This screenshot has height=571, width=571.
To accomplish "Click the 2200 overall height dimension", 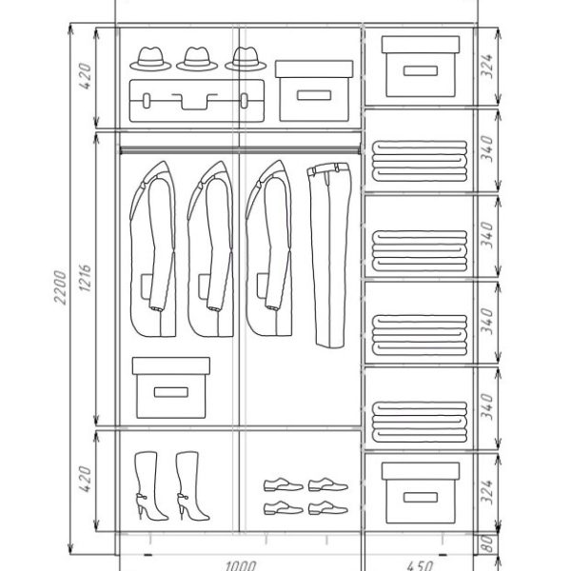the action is point(61,287).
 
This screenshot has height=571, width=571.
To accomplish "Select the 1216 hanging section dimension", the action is point(85,278).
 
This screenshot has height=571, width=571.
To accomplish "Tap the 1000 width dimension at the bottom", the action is point(241,565).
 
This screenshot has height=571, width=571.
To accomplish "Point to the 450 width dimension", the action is point(420,565).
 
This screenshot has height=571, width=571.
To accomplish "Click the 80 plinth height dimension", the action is point(487,543).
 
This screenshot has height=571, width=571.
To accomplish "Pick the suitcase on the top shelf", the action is point(197,101).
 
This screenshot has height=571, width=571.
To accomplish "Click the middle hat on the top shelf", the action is point(197,59).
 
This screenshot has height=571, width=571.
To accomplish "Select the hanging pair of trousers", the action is point(330,255).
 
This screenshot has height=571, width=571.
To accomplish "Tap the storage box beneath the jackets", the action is point(170,387).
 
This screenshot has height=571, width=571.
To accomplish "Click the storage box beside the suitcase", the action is point(314,91).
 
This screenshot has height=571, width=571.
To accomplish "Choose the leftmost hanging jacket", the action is point(153,249).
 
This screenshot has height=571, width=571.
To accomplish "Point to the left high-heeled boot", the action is point(150,486).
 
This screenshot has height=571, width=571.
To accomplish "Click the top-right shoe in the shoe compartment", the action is point(328,484).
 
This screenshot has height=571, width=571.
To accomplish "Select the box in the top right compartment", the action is point(421,67).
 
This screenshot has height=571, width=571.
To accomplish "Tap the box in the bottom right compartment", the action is point(421,493).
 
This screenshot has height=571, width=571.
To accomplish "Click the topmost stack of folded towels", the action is point(420,161).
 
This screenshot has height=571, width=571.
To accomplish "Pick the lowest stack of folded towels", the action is point(420,422).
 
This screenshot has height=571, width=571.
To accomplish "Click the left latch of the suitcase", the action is point(147,101).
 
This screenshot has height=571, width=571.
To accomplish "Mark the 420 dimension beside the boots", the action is point(85,479).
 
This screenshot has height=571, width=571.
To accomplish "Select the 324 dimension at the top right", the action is point(487,66).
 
